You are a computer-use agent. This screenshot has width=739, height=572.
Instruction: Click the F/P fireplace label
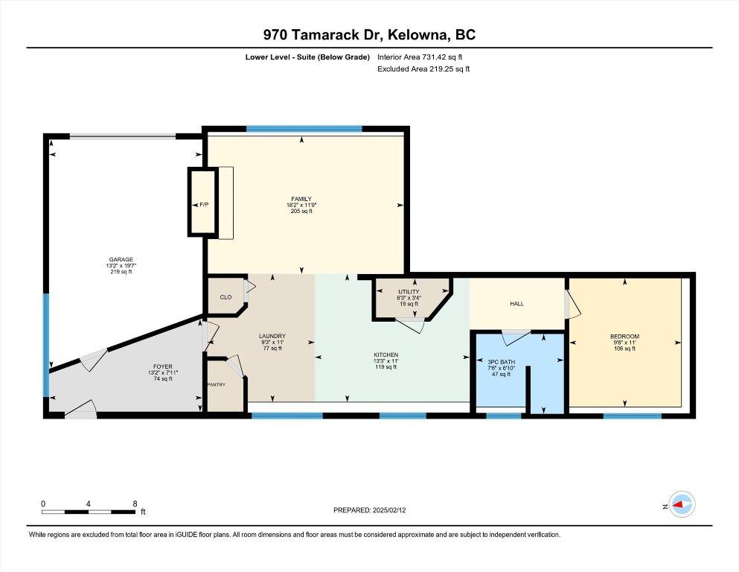[x=204, y=205]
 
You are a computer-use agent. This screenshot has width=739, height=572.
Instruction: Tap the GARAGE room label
[x=121, y=259]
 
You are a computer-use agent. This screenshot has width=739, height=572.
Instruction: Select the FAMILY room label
[x=301, y=199]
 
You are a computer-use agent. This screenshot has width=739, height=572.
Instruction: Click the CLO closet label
[x=225, y=297]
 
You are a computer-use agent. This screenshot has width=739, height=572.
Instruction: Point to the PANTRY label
[x=217, y=385]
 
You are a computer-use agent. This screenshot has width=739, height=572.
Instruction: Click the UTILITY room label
[x=409, y=292]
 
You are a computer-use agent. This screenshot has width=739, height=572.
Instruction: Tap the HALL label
[x=517, y=304]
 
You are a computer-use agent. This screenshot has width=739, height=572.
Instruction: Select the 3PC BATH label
[x=502, y=362]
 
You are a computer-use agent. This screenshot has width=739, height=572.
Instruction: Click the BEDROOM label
[x=625, y=337]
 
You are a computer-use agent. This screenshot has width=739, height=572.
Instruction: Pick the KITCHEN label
[x=386, y=355]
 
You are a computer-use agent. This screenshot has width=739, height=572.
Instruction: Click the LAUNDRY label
[x=272, y=336]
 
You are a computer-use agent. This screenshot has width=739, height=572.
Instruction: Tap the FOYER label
[x=163, y=366]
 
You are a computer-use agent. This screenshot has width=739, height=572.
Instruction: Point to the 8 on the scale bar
[x=135, y=503]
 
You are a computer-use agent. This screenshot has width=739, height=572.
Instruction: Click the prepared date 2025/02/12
[x=389, y=510]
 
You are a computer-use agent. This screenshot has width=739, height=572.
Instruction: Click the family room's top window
[x=304, y=128]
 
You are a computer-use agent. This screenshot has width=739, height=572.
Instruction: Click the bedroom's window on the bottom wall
[x=633, y=416]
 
